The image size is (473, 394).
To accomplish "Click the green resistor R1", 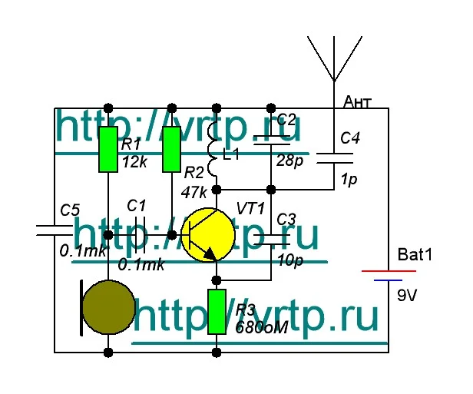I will pyautogui.click(x=108, y=148).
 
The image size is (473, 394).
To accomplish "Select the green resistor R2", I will pyautogui.click(x=172, y=148).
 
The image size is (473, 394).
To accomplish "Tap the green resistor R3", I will pyautogui.click(x=217, y=312).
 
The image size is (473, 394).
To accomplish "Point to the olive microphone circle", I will pyautogui.click(x=108, y=305).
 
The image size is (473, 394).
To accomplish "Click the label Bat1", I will pyautogui.click(x=415, y=254).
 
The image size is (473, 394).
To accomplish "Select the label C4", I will pyautogui.click(x=350, y=138).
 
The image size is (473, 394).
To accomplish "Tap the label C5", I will pyautogui.click(x=70, y=209).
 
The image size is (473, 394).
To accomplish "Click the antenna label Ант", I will pyautogui.click(x=359, y=101).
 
